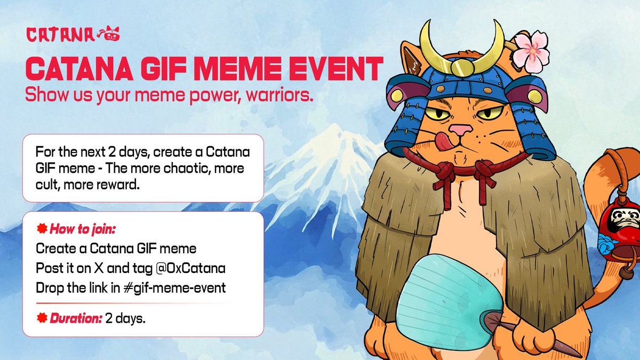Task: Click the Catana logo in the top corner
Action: tap(73, 35)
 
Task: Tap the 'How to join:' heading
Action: tap(83, 230)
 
